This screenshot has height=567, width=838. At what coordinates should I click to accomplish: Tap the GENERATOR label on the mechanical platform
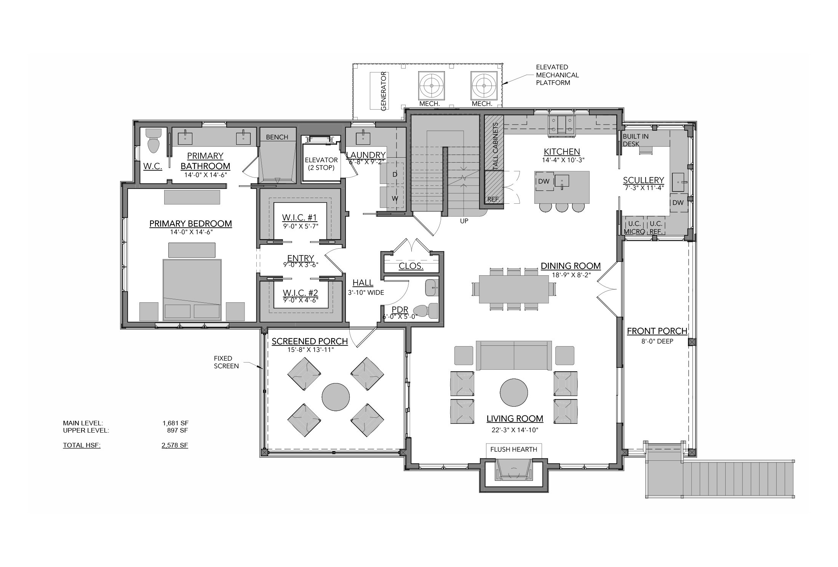[384, 91]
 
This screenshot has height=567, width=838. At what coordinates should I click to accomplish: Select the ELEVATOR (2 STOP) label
[321, 164]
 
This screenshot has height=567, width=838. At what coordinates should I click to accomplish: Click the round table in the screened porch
[336, 397]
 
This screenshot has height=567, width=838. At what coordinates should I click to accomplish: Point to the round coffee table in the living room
[514, 393]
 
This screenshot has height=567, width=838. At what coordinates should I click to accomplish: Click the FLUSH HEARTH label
[513, 449]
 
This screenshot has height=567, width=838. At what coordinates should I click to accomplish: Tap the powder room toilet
[425, 311]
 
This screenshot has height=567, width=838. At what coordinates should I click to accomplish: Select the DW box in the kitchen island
[544, 181]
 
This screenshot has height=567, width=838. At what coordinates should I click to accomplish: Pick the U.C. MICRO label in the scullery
[634, 227]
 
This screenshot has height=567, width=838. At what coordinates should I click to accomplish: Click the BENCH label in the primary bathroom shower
[277, 137]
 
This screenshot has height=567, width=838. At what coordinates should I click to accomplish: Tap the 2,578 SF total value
[175, 445]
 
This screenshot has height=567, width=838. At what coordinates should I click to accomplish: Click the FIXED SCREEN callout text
[226, 362]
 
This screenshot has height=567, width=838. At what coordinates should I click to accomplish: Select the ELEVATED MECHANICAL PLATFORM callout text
[557, 75]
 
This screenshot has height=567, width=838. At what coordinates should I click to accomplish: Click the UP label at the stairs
[464, 221]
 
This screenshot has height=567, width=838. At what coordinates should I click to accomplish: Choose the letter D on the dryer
[395, 174]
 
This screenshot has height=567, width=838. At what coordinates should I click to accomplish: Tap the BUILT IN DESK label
[636, 140]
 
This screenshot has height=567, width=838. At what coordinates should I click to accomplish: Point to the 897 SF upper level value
[178, 431]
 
